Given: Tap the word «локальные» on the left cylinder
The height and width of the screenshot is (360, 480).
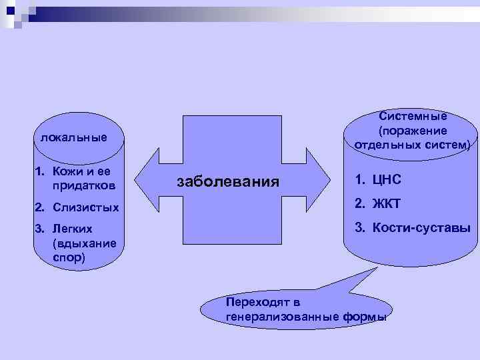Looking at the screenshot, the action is click(x=73, y=138).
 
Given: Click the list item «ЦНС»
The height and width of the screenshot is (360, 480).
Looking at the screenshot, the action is click(x=387, y=179).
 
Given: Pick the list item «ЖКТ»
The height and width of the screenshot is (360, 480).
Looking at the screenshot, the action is click(x=387, y=203).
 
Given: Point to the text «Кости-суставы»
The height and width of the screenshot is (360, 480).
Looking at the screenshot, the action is click(x=422, y=228).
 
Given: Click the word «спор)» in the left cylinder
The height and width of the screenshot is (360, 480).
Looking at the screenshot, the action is click(x=69, y=257).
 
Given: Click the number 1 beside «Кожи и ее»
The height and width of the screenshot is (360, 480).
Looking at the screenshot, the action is click(x=38, y=171).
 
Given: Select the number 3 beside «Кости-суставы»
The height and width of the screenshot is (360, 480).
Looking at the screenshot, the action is click(x=359, y=228).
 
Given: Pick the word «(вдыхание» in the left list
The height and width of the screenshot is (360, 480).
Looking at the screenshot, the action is click(x=83, y=243).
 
